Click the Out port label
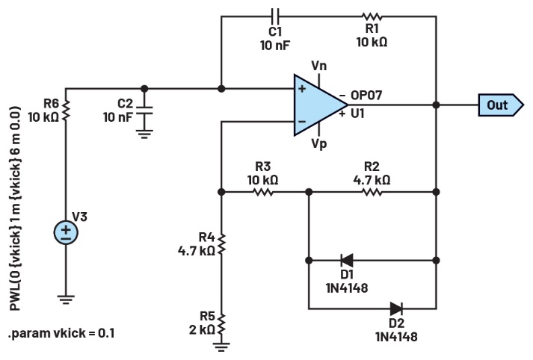[498, 105]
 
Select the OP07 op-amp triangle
[317, 105]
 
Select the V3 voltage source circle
[66, 232]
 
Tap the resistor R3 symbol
[262, 192]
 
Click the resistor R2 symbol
[372, 192]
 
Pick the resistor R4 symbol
[221, 243]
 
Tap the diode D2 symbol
[395, 308]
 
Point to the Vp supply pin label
[319, 144]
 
